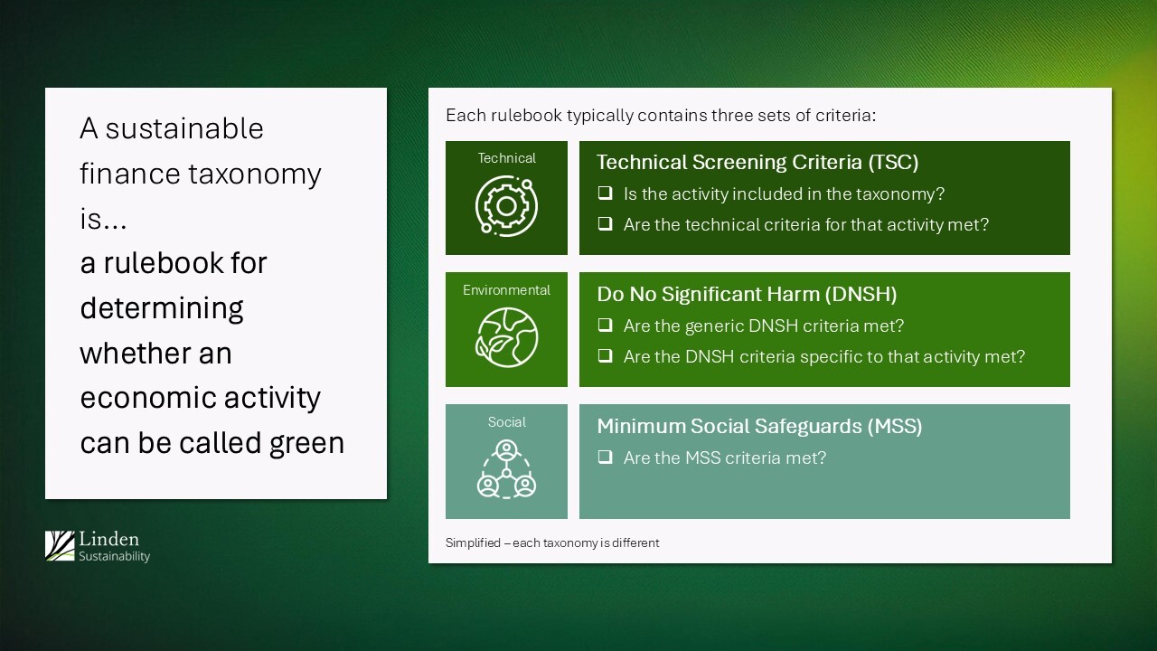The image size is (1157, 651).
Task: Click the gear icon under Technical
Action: pyautogui.click(x=506, y=206)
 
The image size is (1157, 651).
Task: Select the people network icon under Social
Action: pyautogui.click(x=506, y=470)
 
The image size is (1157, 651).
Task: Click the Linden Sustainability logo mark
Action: pyautogui.click(x=60, y=546)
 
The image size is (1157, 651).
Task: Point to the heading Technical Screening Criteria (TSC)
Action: pyautogui.click(x=757, y=162)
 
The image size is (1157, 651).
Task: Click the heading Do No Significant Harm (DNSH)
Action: pyautogui.click(x=747, y=294)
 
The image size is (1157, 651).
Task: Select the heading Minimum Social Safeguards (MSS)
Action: pyautogui.click(x=759, y=426)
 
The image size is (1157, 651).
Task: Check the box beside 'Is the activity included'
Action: pyautogui.click(x=605, y=193)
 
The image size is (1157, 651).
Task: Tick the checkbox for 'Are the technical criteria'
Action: pyautogui.click(x=605, y=224)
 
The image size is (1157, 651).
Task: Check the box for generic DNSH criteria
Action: pyautogui.click(x=605, y=325)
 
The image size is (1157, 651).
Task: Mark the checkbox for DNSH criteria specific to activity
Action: pyautogui.click(x=605, y=356)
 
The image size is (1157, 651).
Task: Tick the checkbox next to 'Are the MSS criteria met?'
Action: pyautogui.click(x=605, y=458)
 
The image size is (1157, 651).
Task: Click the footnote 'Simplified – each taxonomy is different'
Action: pyautogui.click(x=552, y=543)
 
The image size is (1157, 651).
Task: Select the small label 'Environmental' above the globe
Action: pyautogui.click(x=506, y=290)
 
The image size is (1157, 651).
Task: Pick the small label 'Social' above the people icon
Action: pyautogui.click(x=506, y=422)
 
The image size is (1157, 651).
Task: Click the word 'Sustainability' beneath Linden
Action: pyautogui.click(x=114, y=557)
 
